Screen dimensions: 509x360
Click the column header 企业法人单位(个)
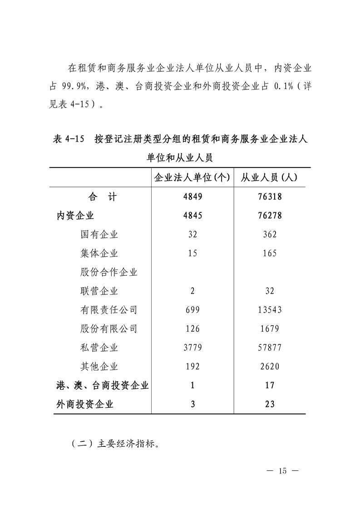[x=192, y=177]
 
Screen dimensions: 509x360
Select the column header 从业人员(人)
[x=269, y=177]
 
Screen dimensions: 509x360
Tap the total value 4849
[x=192, y=197]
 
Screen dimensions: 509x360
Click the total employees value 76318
[x=270, y=197]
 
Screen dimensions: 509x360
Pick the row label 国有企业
[x=99, y=235]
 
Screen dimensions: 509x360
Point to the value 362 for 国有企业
[x=270, y=235]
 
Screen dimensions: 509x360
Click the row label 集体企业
[x=99, y=253]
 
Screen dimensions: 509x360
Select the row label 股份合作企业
[x=108, y=272]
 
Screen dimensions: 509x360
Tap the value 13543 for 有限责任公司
[x=270, y=310]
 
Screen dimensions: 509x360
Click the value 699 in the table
[x=192, y=310]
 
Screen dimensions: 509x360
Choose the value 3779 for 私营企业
[x=192, y=347]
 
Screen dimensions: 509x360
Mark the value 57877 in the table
[x=270, y=347]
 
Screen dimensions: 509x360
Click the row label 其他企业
[x=99, y=366]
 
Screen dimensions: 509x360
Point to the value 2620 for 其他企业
[x=270, y=366]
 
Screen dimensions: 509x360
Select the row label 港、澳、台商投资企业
[x=103, y=385]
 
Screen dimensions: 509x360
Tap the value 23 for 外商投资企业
[x=270, y=404]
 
